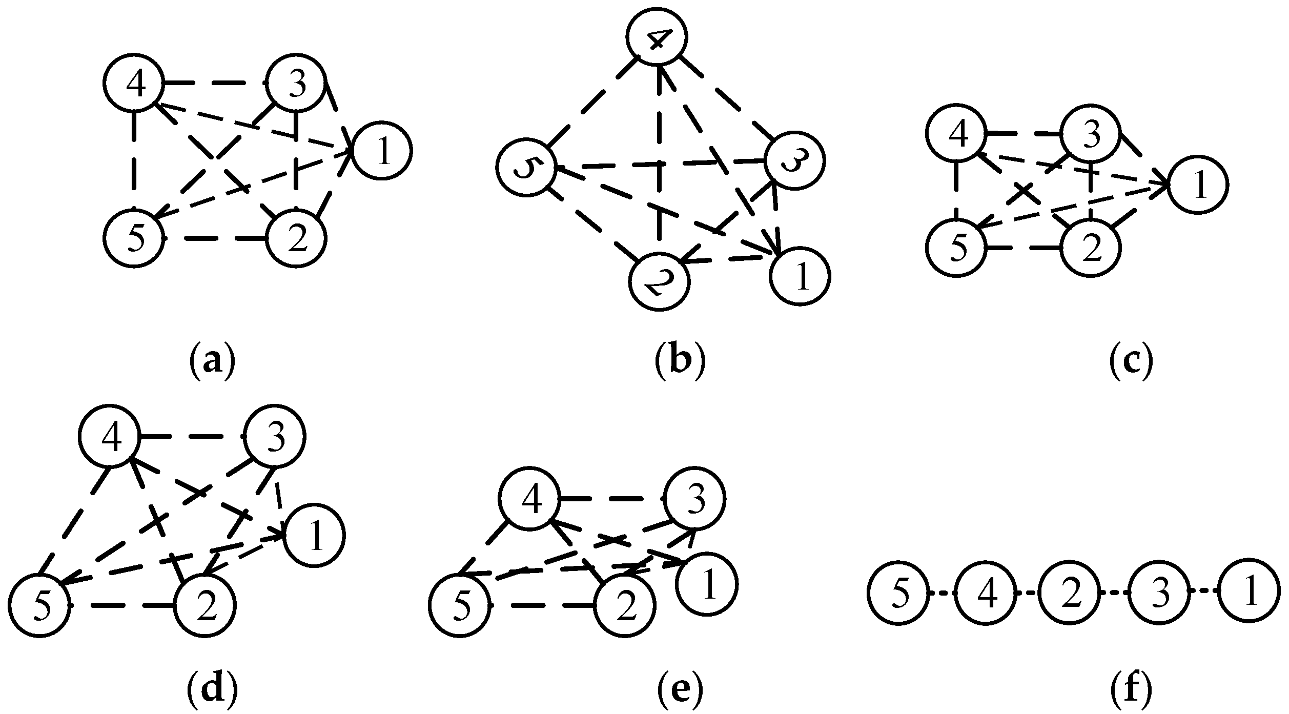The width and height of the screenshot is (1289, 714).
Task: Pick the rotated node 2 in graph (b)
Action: pos(659,281)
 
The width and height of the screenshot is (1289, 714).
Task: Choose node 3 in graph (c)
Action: pos(1090,135)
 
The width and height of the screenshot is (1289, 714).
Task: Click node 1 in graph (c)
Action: pos(1198,185)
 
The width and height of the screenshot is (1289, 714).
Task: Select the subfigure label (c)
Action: pos(1131,363)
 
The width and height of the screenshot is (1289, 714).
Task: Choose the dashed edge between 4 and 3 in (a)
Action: pos(214,82)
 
